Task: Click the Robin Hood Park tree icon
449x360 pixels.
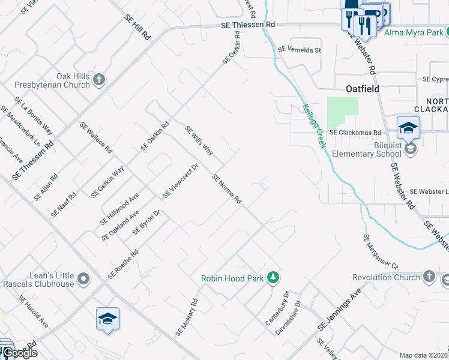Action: click(x=274, y=277)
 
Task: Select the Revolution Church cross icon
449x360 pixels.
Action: click(x=429, y=277)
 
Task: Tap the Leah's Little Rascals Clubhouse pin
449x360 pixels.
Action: click(x=83, y=278)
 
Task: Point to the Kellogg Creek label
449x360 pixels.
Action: click(x=314, y=126)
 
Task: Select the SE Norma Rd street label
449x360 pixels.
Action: click(x=227, y=189)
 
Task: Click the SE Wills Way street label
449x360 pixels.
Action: click(x=199, y=139)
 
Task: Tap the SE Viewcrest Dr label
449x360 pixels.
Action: click(x=180, y=181)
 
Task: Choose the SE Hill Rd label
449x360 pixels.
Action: click(x=137, y=28)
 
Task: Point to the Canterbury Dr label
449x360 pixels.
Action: click(x=278, y=309)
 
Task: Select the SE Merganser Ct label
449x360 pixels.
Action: click(x=381, y=251)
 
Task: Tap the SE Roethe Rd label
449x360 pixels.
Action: click(x=123, y=265)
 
